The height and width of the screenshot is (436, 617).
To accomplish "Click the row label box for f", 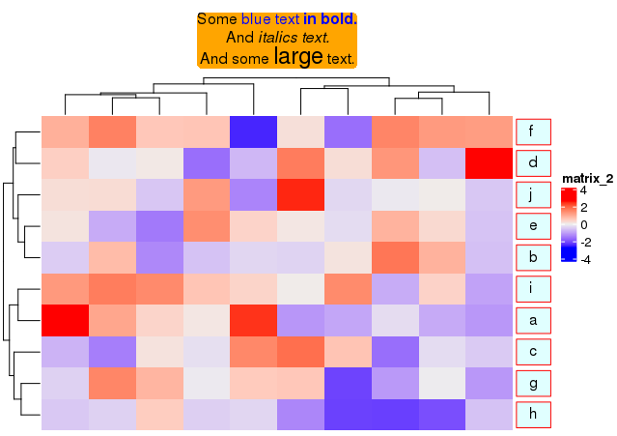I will click(x=533, y=131).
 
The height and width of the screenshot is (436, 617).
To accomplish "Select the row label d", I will click(x=533, y=162).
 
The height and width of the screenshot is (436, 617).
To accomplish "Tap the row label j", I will click(x=533, y=194).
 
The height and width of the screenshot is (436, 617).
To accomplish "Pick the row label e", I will click(x=533, y=226).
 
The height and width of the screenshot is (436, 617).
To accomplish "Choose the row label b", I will click(x=533, y=257).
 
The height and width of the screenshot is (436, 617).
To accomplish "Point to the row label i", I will click(x=533, y=289).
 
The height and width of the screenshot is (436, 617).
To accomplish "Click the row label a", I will click(x=533, y=320).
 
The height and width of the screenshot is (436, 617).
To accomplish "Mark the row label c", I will click(x=533, y=352).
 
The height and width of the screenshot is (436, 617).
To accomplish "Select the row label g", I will click(x=533, y=383).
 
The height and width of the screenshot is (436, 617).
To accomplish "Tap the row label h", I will click(x=533, y=415).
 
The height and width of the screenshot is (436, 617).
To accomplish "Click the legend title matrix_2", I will click(x=587, y=178).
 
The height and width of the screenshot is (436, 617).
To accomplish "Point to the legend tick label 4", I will click(x=583, y=191).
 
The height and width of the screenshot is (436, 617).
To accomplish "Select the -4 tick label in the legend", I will click(x=585, y=259).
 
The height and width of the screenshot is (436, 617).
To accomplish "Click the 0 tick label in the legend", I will click(x=583, y=225).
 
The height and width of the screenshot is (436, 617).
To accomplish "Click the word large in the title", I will click(x=298, y=57).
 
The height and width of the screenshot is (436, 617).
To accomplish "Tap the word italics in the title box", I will click(x=278, y=38).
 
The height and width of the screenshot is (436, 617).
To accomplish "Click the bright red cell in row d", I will click(x=488, y=162).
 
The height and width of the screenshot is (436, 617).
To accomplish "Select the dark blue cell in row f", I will click(x=253, y=131).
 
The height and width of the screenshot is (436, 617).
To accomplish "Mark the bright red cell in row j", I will click(x=299, y=194).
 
